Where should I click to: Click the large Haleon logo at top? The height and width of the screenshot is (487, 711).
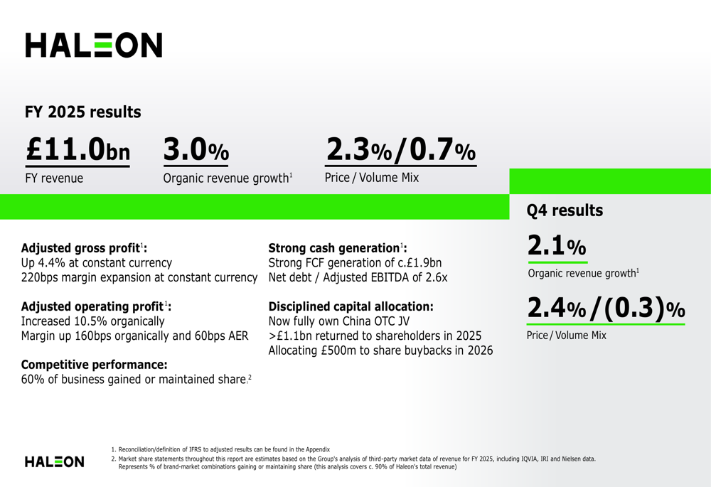(93, 45)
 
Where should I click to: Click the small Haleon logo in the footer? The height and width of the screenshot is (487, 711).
(55, 461)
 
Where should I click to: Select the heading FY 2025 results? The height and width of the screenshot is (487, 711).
(83, 112)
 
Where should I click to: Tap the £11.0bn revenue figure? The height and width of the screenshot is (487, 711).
(78, 149)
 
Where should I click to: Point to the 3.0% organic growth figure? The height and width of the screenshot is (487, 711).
(196, 149)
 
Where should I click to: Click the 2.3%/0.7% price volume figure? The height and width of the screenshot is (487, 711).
(401, 149)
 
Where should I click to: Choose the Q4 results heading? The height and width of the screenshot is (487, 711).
(565, 210)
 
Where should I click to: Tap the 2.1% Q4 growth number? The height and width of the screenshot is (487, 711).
(557, 245)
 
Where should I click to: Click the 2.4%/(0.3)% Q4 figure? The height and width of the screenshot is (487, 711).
(606, 308)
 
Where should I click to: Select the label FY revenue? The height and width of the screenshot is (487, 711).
(54, 178)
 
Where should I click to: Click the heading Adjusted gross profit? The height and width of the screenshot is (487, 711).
(84, 248)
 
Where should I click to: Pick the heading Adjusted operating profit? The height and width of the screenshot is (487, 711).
(96, 306)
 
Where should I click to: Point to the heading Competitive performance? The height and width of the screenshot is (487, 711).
(95, 365)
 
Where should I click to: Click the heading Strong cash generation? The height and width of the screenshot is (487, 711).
(338, 248)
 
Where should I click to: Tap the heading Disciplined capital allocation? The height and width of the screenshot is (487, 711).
(351, 306)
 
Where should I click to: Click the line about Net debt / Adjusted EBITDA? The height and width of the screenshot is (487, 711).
(358, 277)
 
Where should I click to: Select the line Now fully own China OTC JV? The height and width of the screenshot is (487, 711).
(338, 321)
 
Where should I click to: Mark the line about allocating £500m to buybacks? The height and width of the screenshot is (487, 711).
(380, 350)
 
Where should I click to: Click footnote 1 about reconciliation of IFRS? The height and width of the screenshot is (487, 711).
(220, 449)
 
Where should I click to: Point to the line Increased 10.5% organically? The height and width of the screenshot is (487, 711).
(93, 321)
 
